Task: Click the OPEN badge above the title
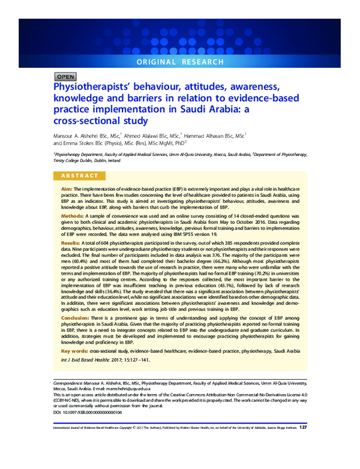tap(65, 77)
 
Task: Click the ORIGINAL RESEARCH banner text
tap(179, 62)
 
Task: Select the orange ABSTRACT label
tap(79, 176)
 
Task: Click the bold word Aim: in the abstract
tap(67, 189)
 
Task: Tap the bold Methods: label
tap(72, 215)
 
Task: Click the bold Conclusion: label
tap(76, 318)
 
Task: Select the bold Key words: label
tap(74, 350)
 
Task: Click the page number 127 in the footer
tap(303, 428)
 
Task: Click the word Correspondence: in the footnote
tap(67, 381)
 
